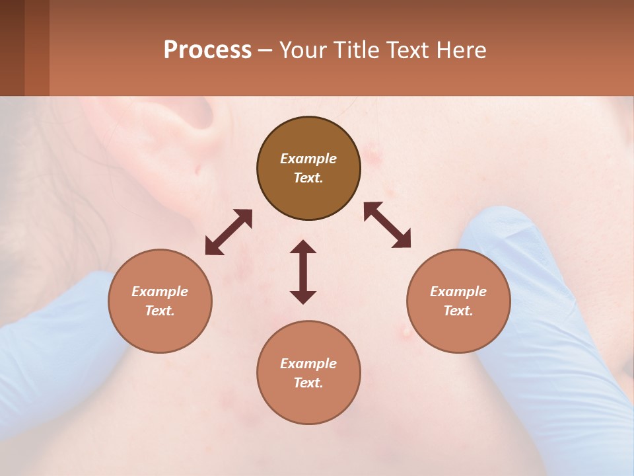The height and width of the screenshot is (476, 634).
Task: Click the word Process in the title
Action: click(x=207, y=50)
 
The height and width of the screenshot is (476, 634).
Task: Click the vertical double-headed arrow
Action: click(x=303, y=272)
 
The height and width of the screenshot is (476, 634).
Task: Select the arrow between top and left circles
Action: click(x=229, y=232)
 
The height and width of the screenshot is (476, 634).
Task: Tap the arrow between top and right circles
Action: click(x=388, y=225)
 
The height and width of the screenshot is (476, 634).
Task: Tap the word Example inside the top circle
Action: click(x=308, y=159)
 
